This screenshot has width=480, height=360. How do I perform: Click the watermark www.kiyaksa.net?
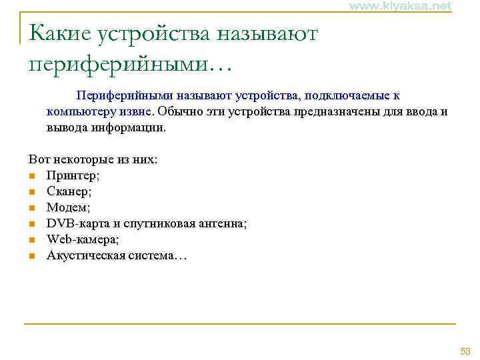click(x=400, y=6)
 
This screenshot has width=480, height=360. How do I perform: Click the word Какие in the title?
click(x=59, y=33)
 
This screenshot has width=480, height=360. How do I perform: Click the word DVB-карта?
click(x=73, y=223)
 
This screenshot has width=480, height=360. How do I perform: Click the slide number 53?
click(x=465, y=351)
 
